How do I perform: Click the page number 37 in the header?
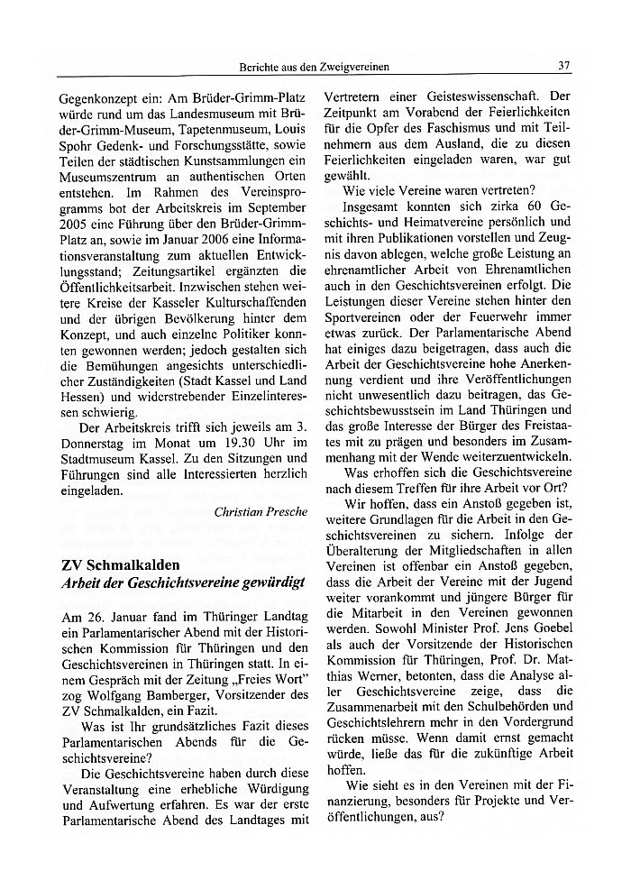(x=565, y=66)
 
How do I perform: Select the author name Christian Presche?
(x=261, y=511)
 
